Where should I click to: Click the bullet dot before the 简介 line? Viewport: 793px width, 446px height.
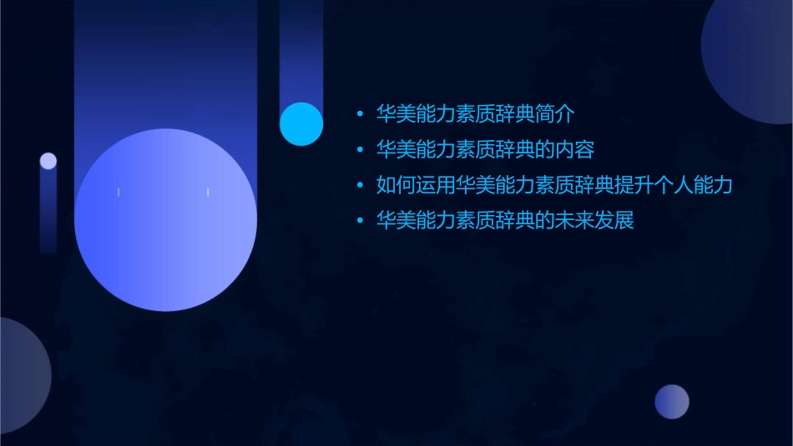click(x=360, y=114)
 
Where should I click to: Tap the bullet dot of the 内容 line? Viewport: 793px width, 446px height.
click(x=360, y=150)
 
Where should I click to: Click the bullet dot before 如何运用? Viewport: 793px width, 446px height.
click(x=360, y=186)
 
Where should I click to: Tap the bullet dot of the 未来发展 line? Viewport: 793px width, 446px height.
click(x=360, y=222)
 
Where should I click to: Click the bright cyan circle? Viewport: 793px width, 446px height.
click(x=301, y=123)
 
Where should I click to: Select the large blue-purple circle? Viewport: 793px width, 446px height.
click(x=165, y=220)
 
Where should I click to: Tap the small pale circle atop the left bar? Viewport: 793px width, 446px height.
click(x=48, y=161)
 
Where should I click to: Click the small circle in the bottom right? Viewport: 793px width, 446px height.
click(x=672, y=402)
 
